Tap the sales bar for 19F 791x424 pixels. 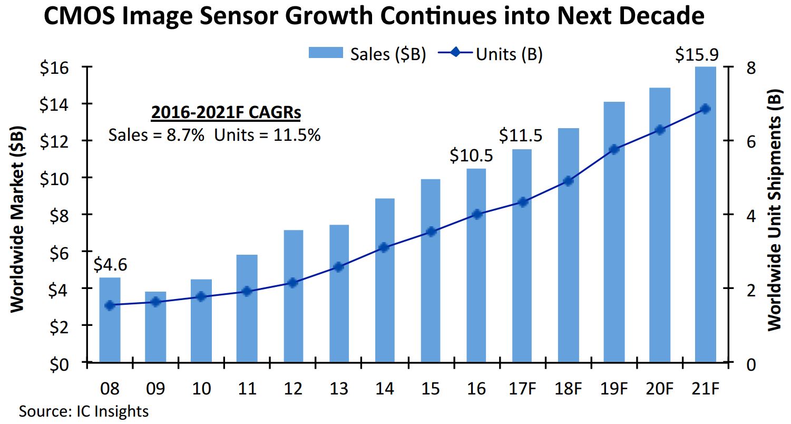click(614, 232)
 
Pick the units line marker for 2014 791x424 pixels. click(384, 248)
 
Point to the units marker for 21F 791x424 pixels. click(706, 109)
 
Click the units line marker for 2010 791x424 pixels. click(201, 296)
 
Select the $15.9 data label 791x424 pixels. click(697, 55)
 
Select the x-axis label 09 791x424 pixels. click(155, 389)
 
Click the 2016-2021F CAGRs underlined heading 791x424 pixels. click(226, 113)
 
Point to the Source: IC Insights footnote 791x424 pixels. click(84, 411)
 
